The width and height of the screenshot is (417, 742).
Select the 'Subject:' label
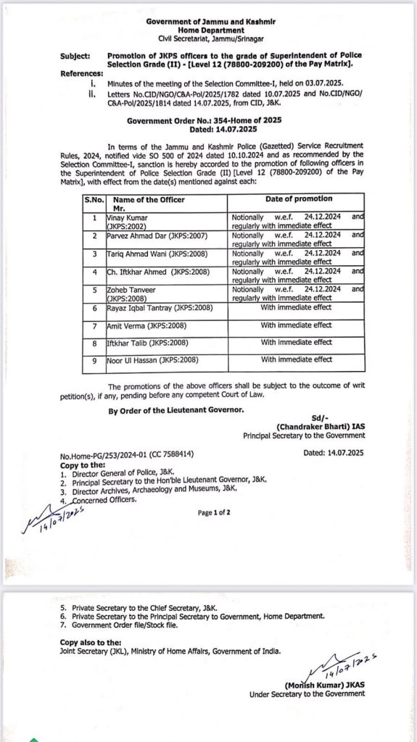pyautogui.click(x=75, y=55)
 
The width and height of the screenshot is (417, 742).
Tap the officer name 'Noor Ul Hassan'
pyautogui.click(x=130, y=359)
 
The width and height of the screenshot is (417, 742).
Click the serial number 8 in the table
pyautogui.click(x=93, y=343)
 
